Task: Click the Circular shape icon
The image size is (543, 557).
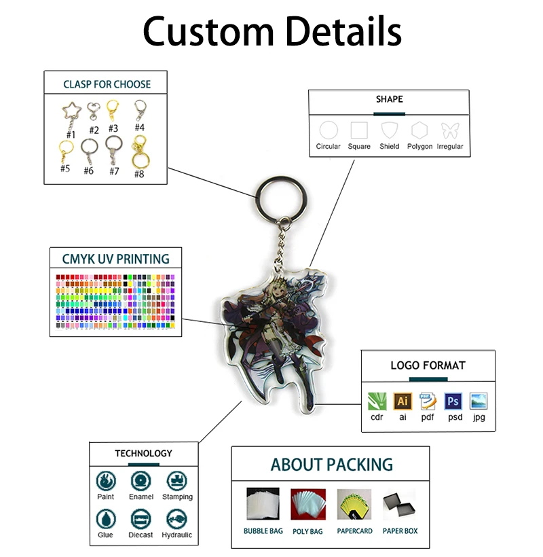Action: coord(329,130)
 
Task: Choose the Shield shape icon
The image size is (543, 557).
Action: coord(389,130)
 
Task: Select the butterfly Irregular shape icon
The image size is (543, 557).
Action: coord(450,130)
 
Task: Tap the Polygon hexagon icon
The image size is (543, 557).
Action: coord(419,130)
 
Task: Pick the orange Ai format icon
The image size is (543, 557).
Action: coord(402,401)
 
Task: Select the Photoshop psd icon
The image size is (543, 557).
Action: coord(453,401)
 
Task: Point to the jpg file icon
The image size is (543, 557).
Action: coord(479,401)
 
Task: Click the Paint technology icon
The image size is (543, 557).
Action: coord(105,481)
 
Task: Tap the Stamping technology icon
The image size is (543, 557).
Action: coord(176,481)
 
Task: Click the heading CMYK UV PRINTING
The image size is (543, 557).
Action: coord(116,259)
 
